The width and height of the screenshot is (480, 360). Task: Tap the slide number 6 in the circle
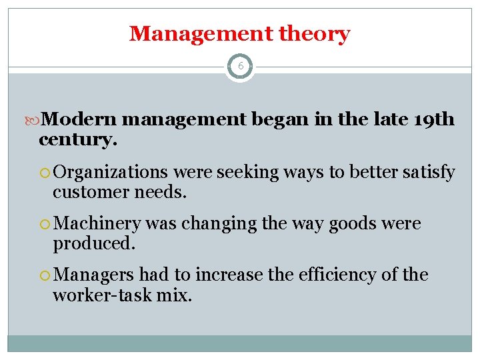(240, 67)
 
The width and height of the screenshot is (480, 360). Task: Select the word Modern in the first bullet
(79, 120)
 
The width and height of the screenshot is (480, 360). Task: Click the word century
(77, 140)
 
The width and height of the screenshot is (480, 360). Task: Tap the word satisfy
(428, 173)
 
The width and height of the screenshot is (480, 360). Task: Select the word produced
(93, 243)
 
